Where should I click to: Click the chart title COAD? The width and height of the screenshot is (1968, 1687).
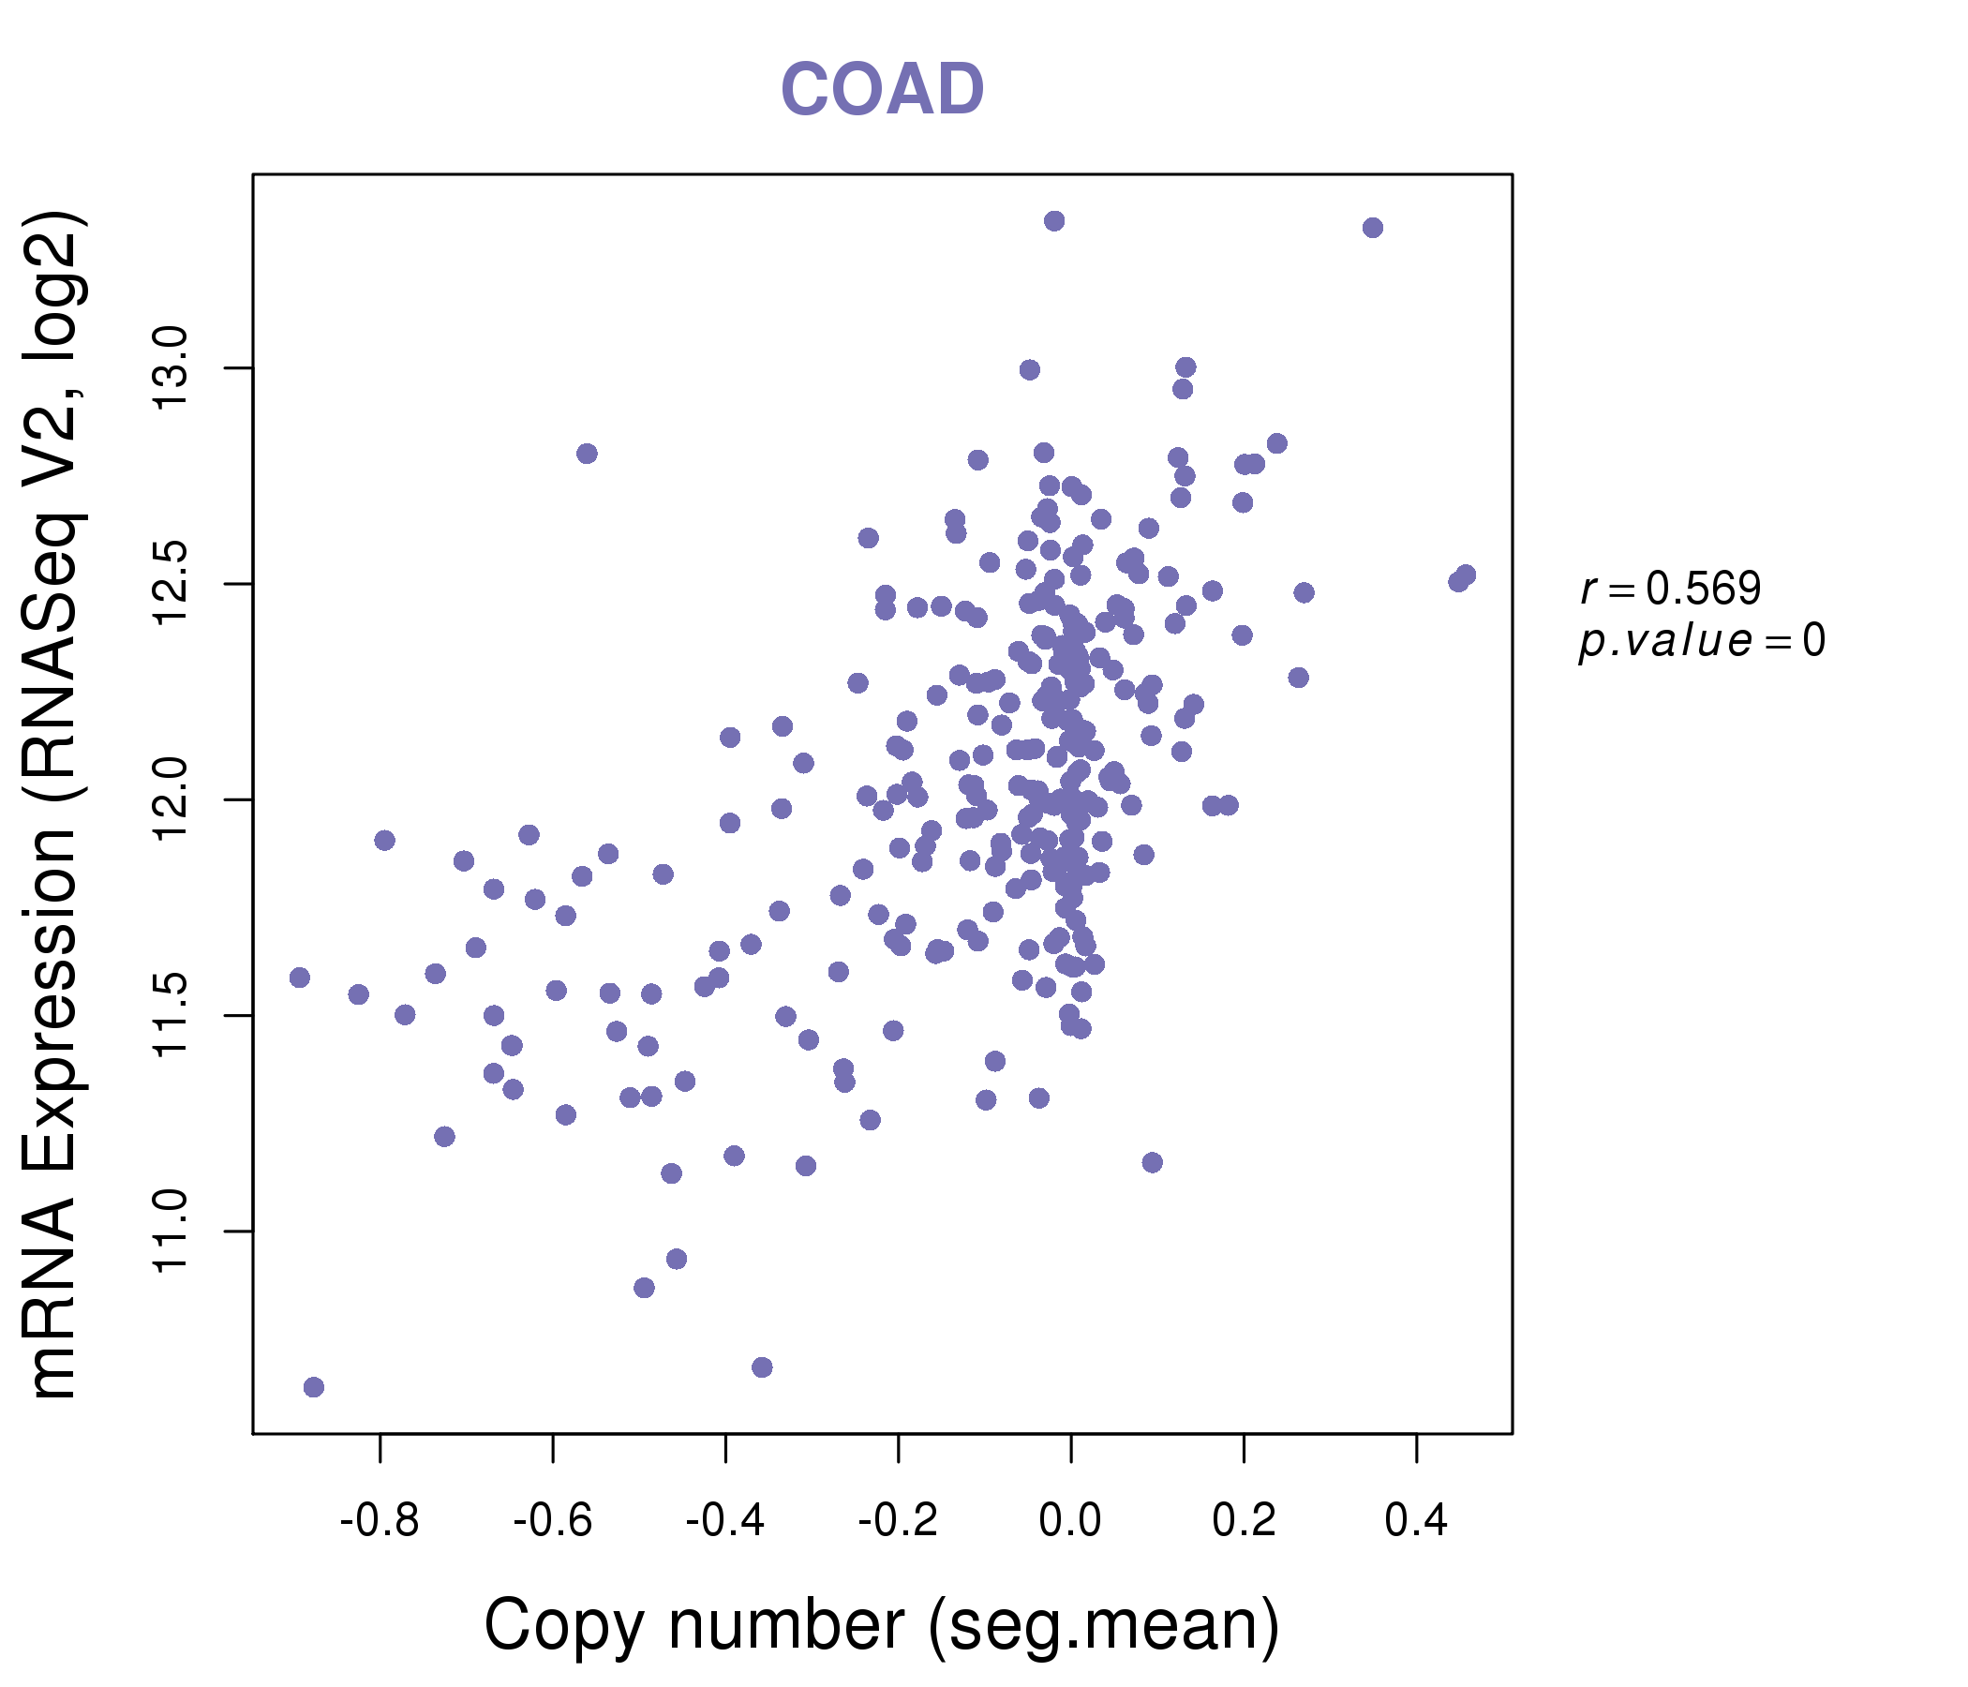click(882, 90)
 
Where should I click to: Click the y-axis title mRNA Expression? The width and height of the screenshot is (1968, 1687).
click(55, 805)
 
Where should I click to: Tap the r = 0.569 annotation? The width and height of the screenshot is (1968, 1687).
click(1671, 589)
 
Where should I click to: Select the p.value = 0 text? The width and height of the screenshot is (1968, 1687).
click(1701, 641)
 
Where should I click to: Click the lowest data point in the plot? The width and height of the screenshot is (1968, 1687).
click(313, 1388)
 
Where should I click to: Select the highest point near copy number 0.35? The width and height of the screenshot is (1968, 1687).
click(1373, 228)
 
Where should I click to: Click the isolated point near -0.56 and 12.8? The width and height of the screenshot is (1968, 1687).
click(587, 454)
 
